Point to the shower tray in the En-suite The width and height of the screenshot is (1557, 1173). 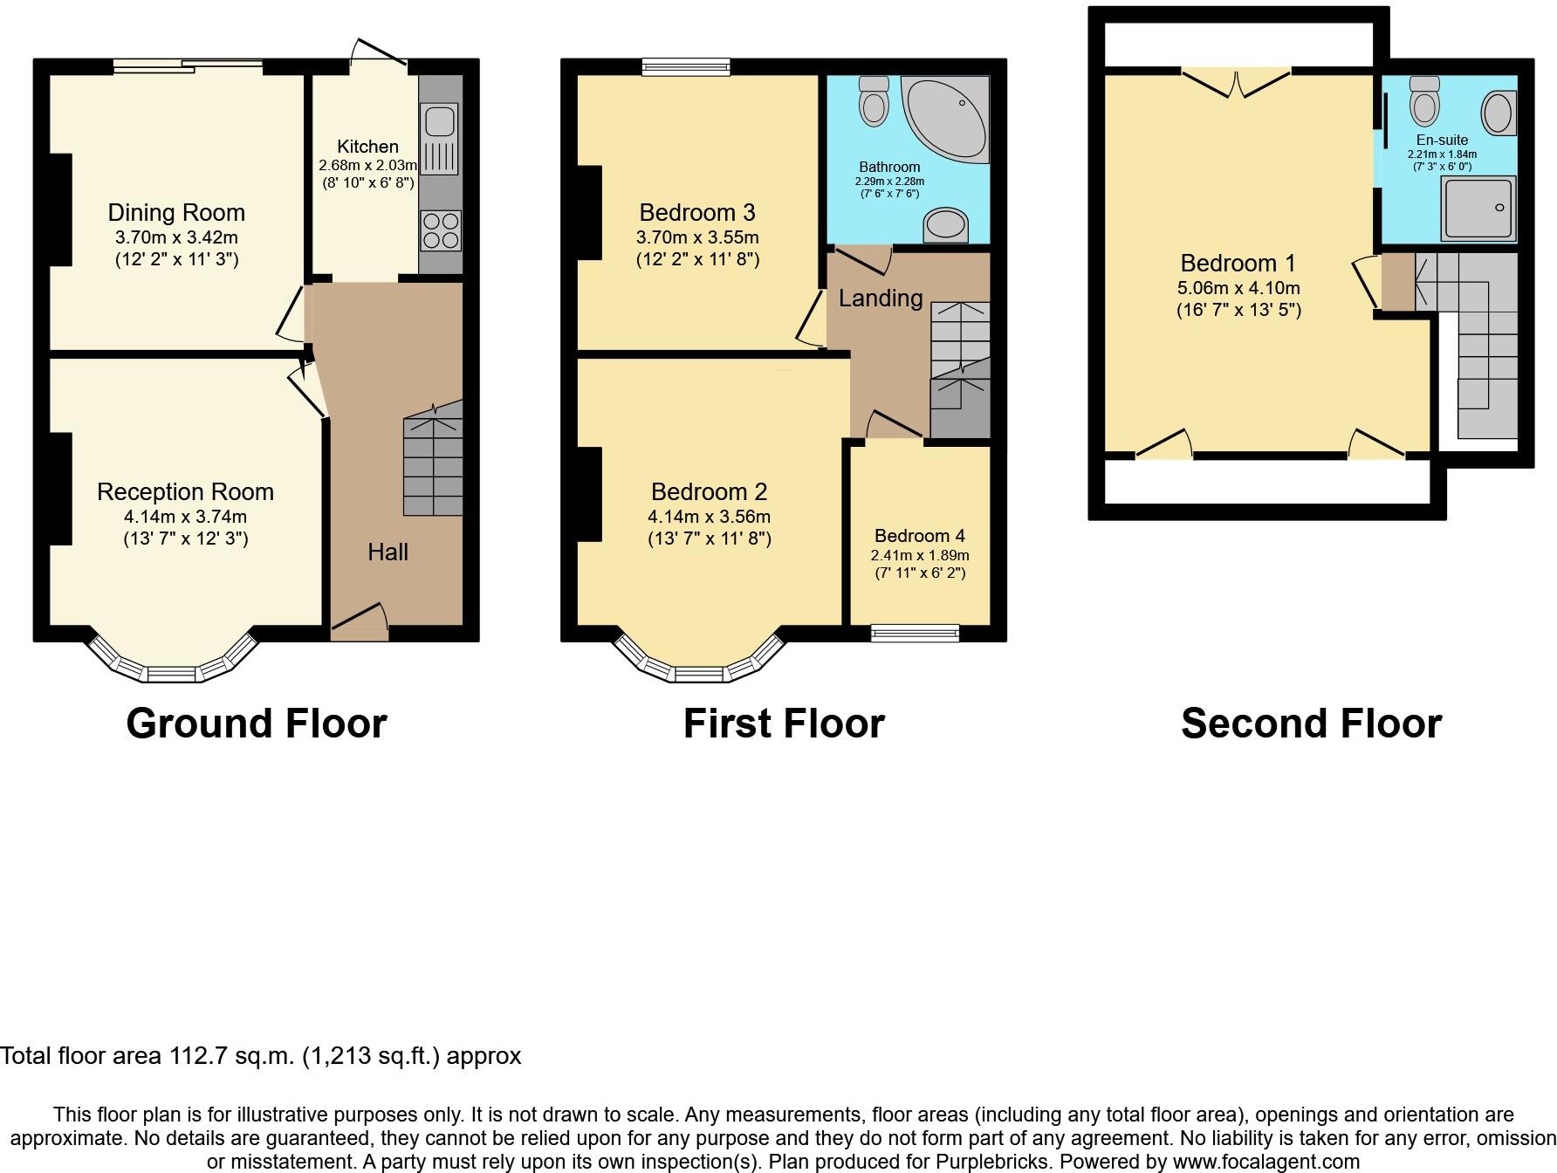coord(1478,208)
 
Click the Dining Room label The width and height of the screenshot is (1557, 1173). coord(176,213)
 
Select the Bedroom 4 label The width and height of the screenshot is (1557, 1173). coord(920,536)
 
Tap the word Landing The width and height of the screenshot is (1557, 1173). coord(881,298)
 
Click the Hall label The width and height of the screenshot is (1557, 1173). coord(388,552)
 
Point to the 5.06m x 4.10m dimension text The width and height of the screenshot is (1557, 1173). coord(1238,288)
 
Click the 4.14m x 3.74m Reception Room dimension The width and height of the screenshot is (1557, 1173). coord(185,517)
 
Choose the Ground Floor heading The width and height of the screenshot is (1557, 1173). coord(257,724)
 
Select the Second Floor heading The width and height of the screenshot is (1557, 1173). coord(1311,724)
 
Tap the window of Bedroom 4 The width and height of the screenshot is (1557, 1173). coord(915,634)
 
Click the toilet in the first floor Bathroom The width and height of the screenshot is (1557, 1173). coord(874,100)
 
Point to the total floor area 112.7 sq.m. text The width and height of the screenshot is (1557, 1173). coord(260,1056)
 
